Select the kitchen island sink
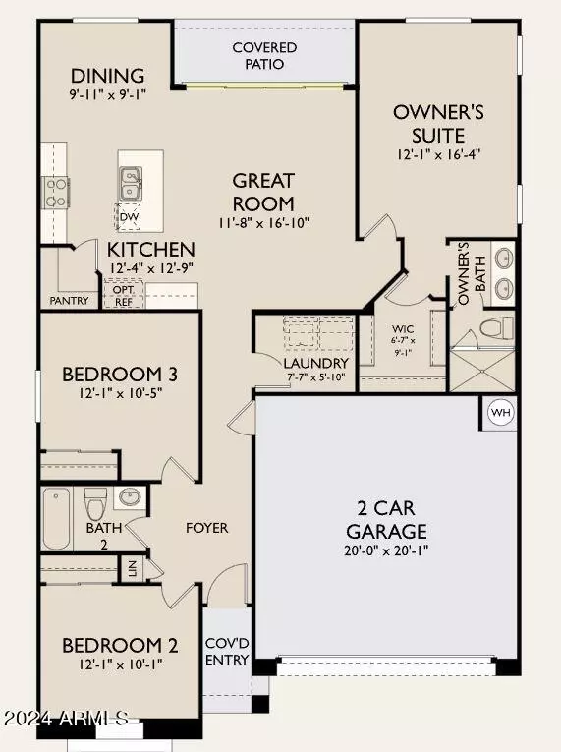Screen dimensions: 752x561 130,182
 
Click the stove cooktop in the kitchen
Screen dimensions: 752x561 55,191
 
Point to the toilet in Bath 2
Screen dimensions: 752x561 94,505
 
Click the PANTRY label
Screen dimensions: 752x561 70,302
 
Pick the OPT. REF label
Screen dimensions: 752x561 124,296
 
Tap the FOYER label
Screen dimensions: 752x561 207,528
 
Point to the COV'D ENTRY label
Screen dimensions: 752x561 227,652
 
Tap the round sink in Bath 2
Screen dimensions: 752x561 128,497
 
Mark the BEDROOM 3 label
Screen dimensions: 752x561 119,375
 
